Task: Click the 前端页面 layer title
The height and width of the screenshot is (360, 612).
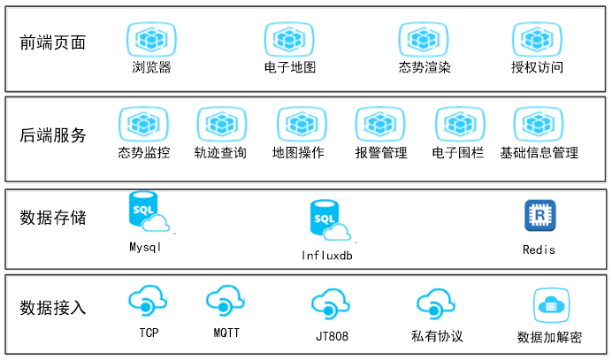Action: pos(53,42)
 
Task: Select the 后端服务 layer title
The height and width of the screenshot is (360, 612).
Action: pos(53,135)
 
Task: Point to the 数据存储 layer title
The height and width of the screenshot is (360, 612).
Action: pos(53,217)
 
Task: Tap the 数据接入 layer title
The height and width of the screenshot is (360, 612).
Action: pos(53,307)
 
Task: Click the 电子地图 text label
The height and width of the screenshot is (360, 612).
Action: pos(290,67)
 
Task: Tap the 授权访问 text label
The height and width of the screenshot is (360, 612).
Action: pos(537,67)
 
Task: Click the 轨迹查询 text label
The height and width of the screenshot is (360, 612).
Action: pos(220,152)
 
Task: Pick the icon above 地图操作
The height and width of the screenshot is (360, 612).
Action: pos(297,124)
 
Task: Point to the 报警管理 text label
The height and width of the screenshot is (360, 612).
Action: pos(381,152)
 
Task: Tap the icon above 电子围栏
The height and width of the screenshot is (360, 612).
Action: pos(460,124)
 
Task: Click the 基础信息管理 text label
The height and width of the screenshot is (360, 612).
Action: pos(539,152)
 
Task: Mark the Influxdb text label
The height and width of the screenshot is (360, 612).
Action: pos(328,257)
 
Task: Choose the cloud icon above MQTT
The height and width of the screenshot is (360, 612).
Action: pos(226,302)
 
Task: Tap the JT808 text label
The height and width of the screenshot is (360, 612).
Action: pos(332,337)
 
